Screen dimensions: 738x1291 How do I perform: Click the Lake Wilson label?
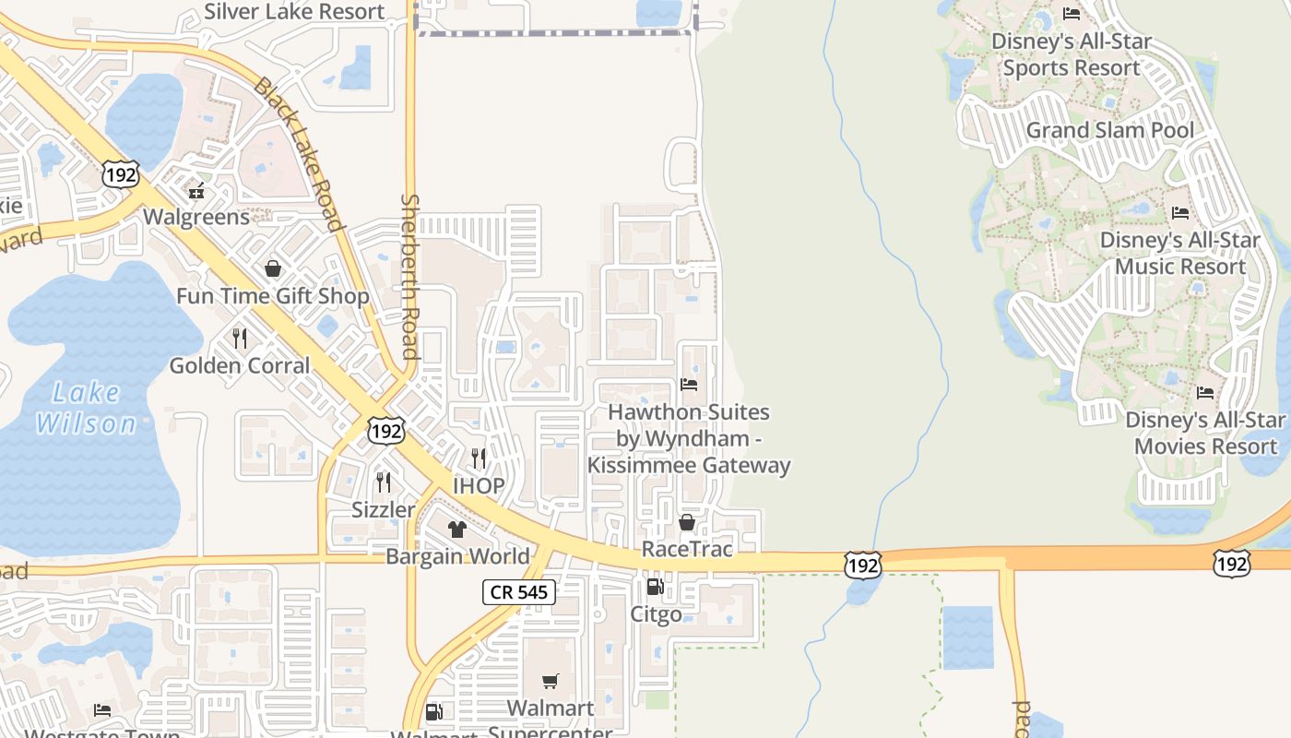click(87, 408)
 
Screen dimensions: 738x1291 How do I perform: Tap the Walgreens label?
click(196, 217)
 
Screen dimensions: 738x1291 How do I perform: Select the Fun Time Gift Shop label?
click(273, 296)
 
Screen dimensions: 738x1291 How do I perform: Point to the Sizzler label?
click(384, 509)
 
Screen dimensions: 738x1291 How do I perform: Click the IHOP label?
click(479, 486)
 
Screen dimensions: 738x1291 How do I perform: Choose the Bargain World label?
click(457, 556)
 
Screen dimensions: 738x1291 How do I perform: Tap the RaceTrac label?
click(687, 549)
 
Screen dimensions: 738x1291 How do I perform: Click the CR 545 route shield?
click(519, 592)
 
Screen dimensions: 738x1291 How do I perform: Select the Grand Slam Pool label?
click(1110, 130)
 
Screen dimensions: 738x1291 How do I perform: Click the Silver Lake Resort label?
click(294, 12)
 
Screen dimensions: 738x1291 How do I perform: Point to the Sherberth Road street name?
click(410, 277)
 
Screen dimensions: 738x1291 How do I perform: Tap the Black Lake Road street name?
click(298, 153)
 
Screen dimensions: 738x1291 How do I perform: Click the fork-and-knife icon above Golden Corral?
click(240, 339)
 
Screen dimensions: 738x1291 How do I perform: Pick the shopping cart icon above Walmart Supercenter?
click(551, 682)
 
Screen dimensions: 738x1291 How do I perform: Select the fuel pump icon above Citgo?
click(656, 587)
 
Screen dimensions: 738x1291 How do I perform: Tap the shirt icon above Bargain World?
click(456, 530)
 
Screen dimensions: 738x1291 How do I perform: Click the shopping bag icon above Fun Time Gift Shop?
click(273, 269)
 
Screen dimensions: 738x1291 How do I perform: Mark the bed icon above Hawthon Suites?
click(689, 385)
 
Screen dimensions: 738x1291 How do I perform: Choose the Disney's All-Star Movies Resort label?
click(1205, 433)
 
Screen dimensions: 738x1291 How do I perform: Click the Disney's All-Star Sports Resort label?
click(1072, 54)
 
